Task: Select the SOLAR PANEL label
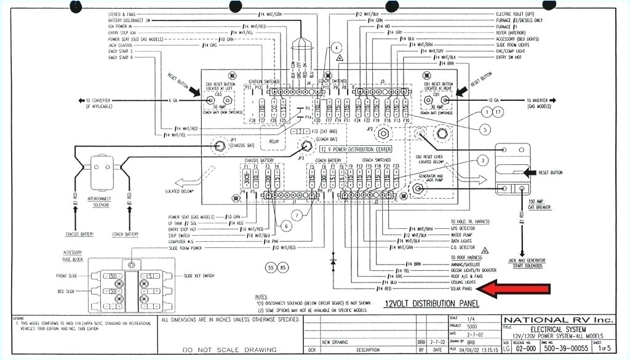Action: [x=461, y=288]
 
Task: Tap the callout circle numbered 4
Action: [x=336, y=48]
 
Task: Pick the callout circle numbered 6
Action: [x=288, y=226]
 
